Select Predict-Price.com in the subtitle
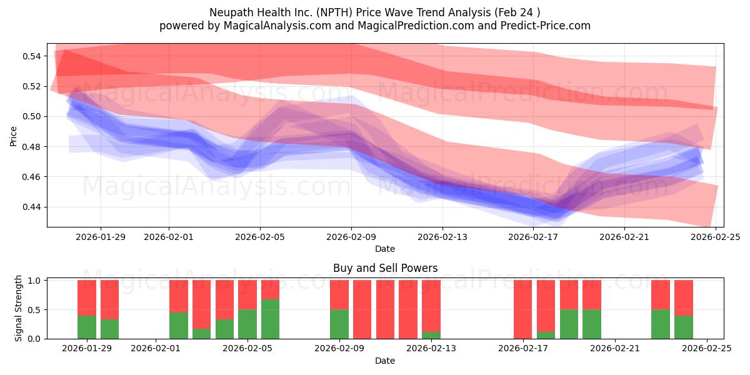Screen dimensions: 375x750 (x=541, y=26)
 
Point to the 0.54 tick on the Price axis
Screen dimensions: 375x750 (x=32, y=56)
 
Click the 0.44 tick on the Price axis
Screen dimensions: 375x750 (x=32, y=207)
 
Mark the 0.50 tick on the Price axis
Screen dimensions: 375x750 (x=32, y=116)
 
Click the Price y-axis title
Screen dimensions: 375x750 (x=14, y=136)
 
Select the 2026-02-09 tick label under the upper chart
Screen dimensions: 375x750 (x=351, y=237)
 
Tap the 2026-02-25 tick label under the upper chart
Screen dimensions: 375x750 (x=716, y=237)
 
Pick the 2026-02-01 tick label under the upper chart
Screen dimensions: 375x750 (x=169, y=237)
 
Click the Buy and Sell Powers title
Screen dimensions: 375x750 (x=385, y=268)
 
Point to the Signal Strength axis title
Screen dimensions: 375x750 (x=19, y=308)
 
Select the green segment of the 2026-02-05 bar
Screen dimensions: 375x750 (x=247, y=324)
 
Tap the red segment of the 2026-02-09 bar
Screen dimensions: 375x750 (x=339, y=294)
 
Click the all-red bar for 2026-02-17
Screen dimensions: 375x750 (x=523, y=309)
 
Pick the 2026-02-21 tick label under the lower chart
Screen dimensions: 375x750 (x=615, y=348)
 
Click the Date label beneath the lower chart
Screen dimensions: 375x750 (x=385, y=361)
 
